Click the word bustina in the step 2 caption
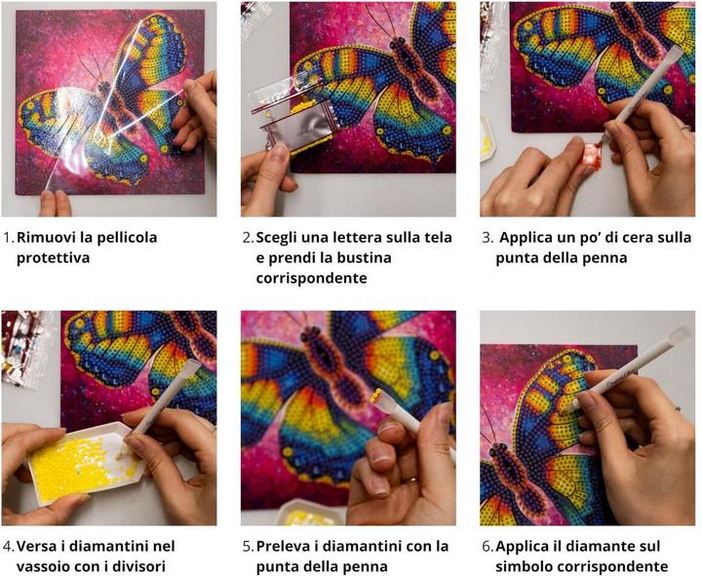point(364,258)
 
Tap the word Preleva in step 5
point(281,546)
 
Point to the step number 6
point(487,547)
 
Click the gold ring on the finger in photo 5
point(411,481)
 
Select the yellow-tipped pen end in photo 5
point(378,396)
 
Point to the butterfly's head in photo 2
point(398,43)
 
